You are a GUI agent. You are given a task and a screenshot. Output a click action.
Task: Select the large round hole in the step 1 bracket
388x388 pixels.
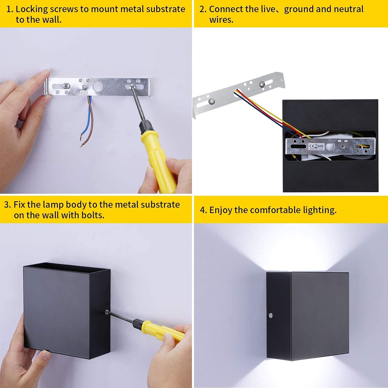98,86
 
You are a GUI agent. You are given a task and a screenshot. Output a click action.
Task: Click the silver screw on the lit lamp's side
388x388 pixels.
270,315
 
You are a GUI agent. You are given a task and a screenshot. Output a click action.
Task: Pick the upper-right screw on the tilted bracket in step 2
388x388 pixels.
262,84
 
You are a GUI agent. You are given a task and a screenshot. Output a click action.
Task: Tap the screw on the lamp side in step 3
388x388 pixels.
107,312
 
